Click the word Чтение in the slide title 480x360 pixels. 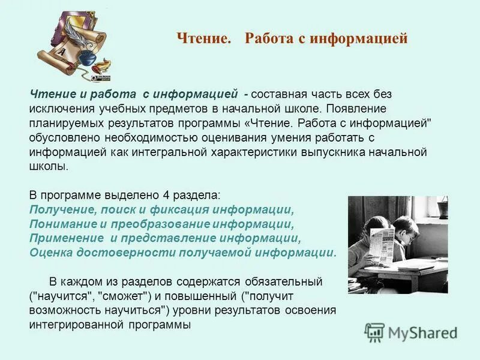203,39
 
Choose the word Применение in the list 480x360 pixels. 62,238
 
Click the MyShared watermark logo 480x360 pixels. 412,332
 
